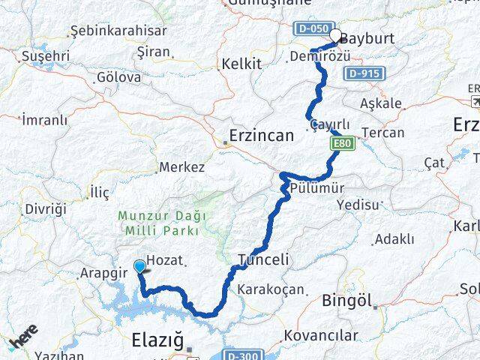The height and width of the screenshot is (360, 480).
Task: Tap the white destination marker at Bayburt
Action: [335, 35]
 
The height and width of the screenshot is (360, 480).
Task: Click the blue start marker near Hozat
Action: [139, 266]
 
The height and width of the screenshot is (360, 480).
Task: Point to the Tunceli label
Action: [262, 259]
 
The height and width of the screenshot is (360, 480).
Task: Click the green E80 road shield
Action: [343, 143]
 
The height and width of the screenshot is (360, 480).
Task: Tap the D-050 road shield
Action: [310, 28]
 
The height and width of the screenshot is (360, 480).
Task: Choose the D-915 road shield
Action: [365, 73]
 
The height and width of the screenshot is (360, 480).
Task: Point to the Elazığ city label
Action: [157, 339]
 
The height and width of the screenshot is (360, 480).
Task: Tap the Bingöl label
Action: [346, 301]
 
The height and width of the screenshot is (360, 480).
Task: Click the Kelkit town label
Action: [241, 64]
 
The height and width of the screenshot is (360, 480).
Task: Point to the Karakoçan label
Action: [271, 289]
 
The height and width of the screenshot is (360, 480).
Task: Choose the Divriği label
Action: [46, 208]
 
